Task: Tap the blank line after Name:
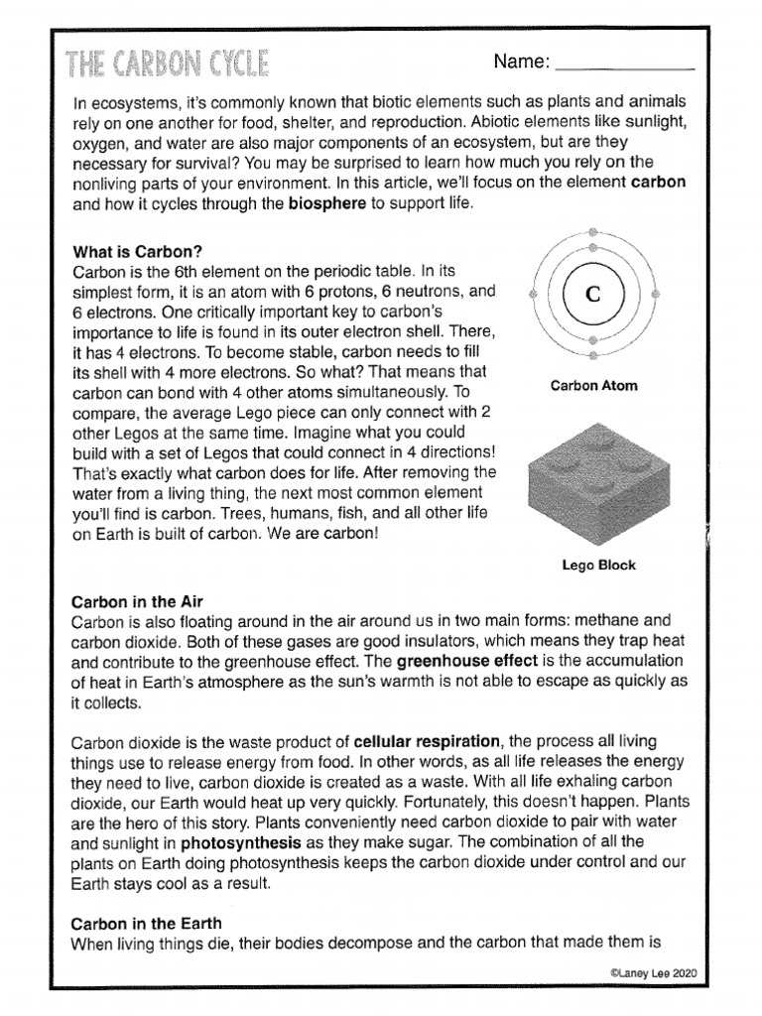coord(625,67)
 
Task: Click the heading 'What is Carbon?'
coord(132,252)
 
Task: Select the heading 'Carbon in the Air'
coord(138,601)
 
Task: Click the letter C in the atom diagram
coord(592,295)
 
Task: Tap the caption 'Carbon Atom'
coord(594,386)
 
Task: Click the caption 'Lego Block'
coord(598,566)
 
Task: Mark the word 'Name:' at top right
coord(521,63)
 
